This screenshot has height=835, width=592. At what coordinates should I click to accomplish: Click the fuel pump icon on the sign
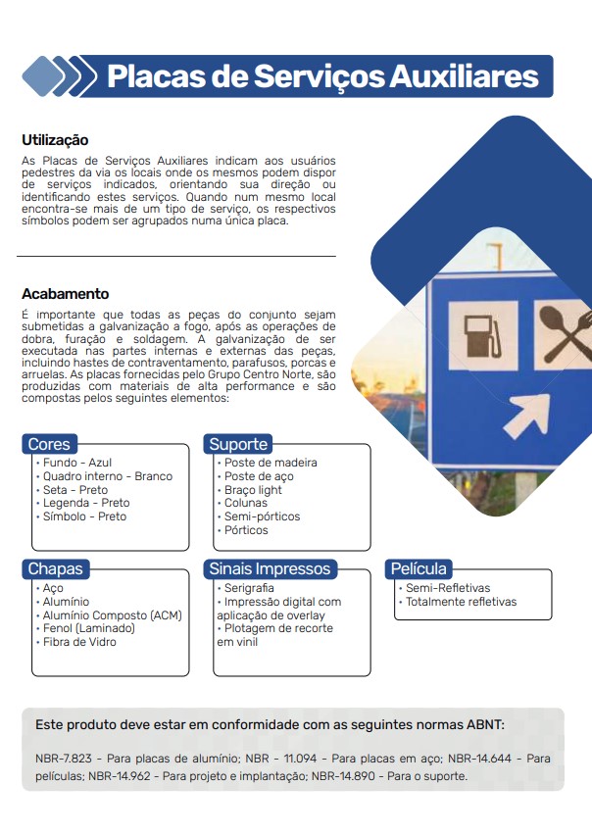tap(483, 334)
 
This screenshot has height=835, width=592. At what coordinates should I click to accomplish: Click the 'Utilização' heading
tap(55, 140)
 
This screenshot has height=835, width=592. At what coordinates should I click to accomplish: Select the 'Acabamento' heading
tap(65, 294)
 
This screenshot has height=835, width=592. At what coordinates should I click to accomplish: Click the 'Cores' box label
tap(49, 444)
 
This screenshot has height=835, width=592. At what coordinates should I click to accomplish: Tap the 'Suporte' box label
tap(238, 444)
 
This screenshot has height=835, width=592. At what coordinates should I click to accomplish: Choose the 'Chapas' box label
tap(55, 568)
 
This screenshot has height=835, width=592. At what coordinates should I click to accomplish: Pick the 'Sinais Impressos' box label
tap(270, 568)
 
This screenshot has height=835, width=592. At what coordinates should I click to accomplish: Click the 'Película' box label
tap(419, 568)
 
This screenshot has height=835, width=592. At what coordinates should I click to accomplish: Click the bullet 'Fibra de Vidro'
tap(78, 642)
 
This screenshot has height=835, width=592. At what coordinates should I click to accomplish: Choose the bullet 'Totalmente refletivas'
tap(461, 602)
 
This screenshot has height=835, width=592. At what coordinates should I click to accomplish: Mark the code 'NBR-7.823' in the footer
tap(66, 759)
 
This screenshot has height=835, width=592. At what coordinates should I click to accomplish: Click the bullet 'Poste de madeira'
tap(270, 463)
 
